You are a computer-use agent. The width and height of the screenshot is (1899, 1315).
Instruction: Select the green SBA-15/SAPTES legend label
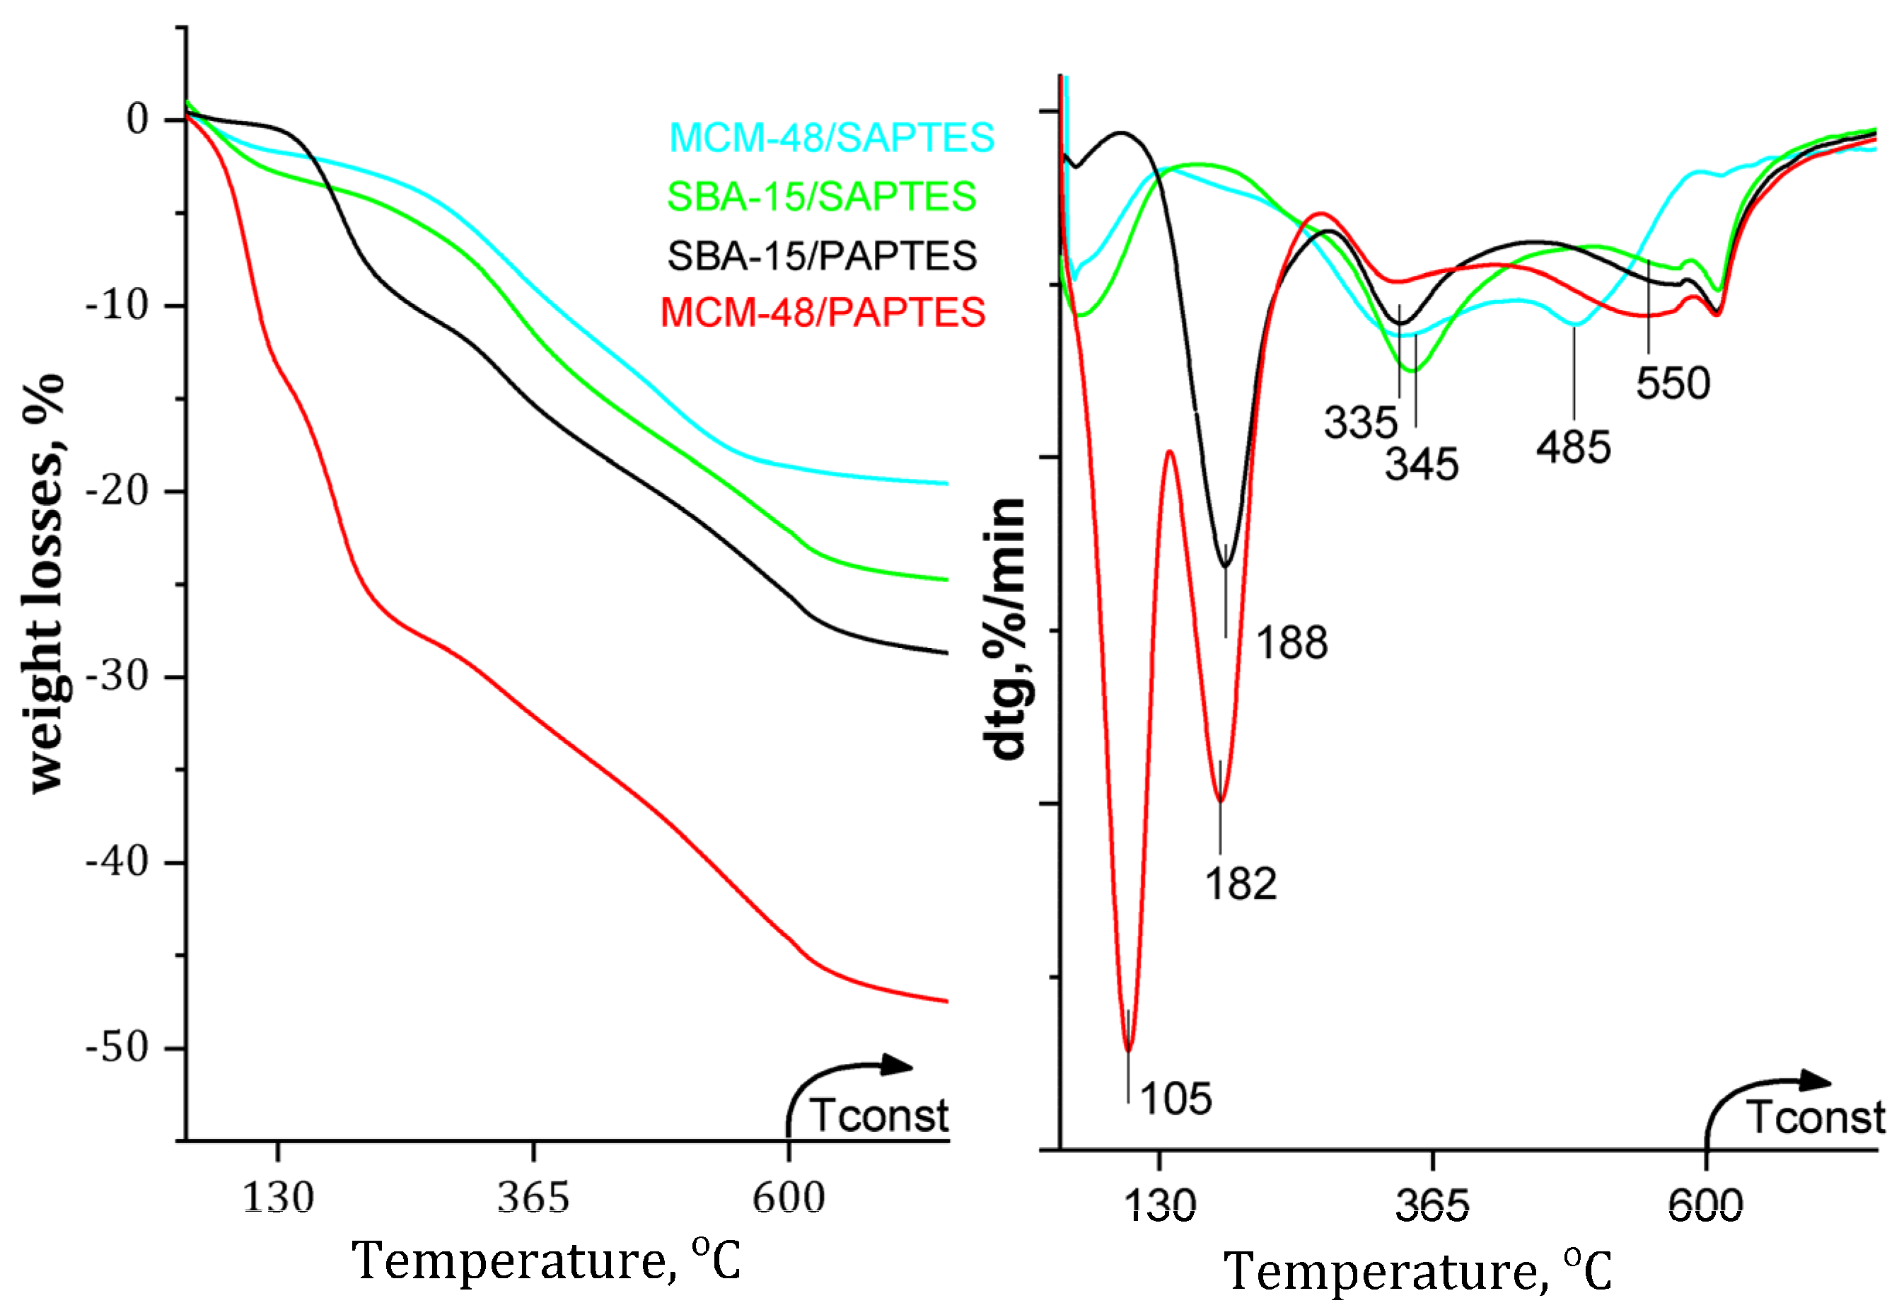tap(821, 196)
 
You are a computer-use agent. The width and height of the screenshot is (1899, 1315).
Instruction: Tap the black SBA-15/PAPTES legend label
tap(821, 255)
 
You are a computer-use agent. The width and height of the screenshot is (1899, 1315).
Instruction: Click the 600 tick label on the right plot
tap(1705, 1205)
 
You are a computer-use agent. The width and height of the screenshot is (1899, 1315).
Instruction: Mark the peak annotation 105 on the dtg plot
tap(1175, 1099)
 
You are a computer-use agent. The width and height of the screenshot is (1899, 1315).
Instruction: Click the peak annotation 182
tap(1241, 884)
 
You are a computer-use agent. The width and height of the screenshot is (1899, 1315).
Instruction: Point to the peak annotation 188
tap(1291, 643)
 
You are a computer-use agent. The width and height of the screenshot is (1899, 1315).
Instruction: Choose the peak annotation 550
tap(1673, 384)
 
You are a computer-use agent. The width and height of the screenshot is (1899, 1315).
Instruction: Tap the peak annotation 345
tap(1421, 465)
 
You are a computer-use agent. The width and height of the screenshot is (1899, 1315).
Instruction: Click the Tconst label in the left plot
tap(878, 1116)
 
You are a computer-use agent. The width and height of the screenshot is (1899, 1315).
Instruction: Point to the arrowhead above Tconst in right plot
tap(1815, 1081)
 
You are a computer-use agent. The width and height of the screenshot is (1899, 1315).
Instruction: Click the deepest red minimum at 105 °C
tap(1128, 1050)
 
